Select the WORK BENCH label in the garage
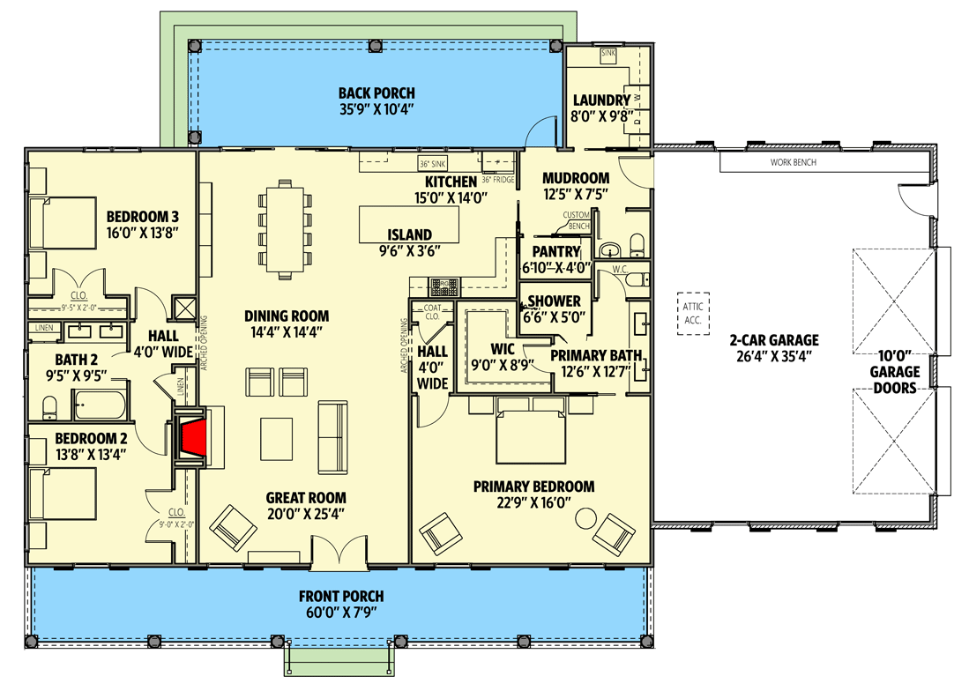point(793,162)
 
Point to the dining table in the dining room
point(285,228)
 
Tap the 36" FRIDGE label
point(497,179)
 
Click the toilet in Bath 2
point(49,406)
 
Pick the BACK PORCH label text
point(376,93)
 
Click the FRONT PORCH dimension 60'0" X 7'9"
point(340,613)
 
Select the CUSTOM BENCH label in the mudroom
point(577,220)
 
